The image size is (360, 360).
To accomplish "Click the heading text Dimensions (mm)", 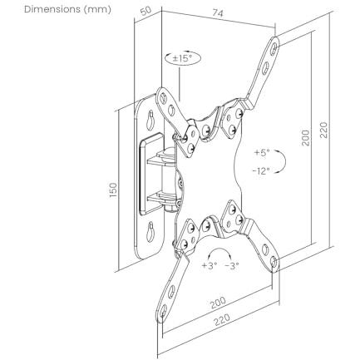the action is tap(67, 9).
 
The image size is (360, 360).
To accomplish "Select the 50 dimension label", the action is tap(145, 11).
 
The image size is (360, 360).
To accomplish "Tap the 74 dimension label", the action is tap(218, 13).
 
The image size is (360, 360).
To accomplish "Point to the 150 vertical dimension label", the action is tap(113, 190).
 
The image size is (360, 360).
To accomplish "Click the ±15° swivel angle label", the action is tap(182, 58).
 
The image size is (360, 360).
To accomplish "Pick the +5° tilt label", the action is tap(262, 152).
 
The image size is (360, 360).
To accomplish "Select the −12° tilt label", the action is tap(261, 170).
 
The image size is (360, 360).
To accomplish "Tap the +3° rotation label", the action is tap(210, 265).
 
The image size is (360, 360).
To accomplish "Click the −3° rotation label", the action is tap(232, 266).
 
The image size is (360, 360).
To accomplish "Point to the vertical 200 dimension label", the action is tap(305, 138).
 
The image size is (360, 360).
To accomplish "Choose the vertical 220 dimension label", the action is tap(323, 130).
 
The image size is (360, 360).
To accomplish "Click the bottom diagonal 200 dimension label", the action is tap(218, 303).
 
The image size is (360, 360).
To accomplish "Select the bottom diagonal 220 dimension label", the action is tap(222, 320).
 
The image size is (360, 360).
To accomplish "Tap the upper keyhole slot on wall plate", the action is tap(150, 119).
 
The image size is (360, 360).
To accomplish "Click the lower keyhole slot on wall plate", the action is tap(150, 231).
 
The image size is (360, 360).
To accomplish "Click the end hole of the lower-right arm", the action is tap(274, 261).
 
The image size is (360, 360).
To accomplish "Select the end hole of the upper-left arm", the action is tap(164, 97).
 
